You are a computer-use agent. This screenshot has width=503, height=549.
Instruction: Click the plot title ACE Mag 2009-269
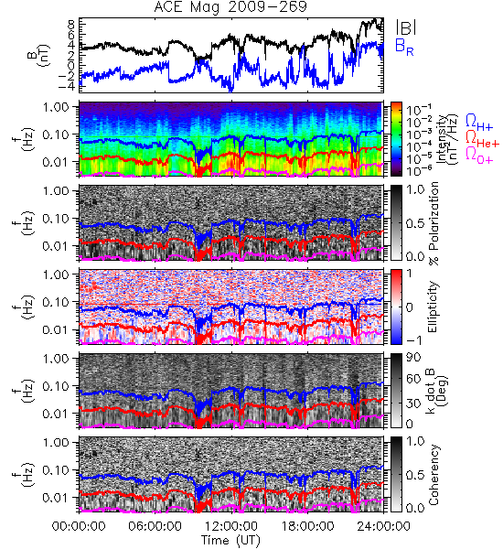(230, 7)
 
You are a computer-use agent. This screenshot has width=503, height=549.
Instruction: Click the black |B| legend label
(406, 27)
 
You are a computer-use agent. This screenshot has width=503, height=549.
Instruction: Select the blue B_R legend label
(404, 48)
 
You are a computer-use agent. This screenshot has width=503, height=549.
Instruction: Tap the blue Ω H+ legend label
(479, 123)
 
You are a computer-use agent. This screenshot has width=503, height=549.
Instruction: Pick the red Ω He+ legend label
(482, 139)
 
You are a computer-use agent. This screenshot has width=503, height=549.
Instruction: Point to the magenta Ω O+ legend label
(479, 156)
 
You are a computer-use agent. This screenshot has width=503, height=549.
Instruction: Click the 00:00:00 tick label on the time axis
(79, 526)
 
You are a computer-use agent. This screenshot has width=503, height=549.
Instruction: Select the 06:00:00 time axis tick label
(155, 526)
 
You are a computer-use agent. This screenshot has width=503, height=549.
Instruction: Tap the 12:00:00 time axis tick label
(231, 526)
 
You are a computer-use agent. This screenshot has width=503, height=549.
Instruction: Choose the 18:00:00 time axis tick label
(307, 526)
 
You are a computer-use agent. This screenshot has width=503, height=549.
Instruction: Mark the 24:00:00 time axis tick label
(383, 526)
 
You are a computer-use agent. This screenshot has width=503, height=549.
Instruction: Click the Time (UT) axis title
(230, 541)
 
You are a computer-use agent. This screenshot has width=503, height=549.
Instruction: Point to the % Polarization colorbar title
(434, 223)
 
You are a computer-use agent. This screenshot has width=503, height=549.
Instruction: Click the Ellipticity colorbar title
(433, 307)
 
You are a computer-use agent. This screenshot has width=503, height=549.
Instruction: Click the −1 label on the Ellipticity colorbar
(413, 340)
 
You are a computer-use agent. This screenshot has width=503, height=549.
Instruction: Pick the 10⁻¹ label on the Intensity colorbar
(414, 110)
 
